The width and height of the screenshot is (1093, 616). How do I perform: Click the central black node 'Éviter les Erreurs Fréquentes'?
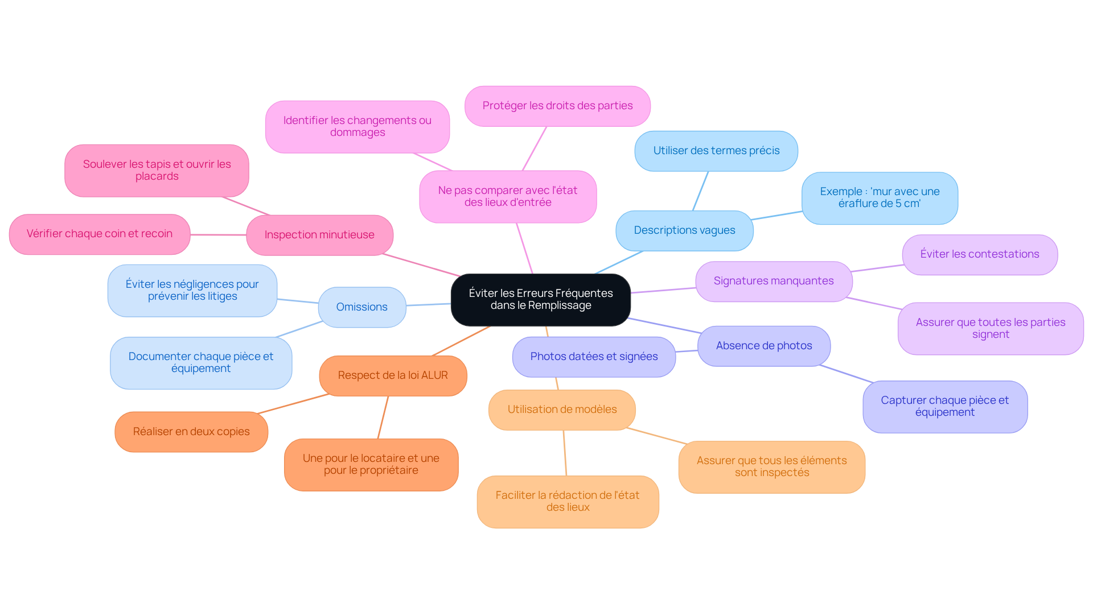point(540,300)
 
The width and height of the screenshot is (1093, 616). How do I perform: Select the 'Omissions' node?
point(361,307)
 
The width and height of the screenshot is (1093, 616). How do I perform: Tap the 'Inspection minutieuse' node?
point(319,235)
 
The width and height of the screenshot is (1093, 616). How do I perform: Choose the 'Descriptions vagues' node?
point(684,230)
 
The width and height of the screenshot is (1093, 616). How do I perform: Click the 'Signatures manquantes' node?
point(773,281)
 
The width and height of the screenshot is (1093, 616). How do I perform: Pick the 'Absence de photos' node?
point(763,346)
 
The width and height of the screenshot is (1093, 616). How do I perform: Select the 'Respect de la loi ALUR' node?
point(393,375)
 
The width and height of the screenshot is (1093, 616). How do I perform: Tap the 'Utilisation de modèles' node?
point(562,410)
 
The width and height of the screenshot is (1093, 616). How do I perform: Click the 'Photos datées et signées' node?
point(594,357)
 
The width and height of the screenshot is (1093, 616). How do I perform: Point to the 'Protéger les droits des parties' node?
point(557,106)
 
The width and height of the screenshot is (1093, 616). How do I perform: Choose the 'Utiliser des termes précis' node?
point(716,151)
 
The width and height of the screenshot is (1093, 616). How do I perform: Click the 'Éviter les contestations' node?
point(979,254)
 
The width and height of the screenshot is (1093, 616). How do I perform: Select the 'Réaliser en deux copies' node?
point(191,432)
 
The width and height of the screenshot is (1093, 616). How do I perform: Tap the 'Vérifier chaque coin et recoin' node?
point(100,234)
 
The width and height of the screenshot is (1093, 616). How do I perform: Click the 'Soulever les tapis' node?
point(157,170)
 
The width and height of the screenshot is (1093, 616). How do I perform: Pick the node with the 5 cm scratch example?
point(880,198)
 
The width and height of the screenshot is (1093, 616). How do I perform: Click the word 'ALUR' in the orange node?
point(434,375)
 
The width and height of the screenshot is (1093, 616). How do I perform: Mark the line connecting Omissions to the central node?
point(428,305)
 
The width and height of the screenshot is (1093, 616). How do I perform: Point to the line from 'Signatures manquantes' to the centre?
point(663,291)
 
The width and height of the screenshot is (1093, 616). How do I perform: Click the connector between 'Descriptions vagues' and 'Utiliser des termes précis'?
point(701,191)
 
